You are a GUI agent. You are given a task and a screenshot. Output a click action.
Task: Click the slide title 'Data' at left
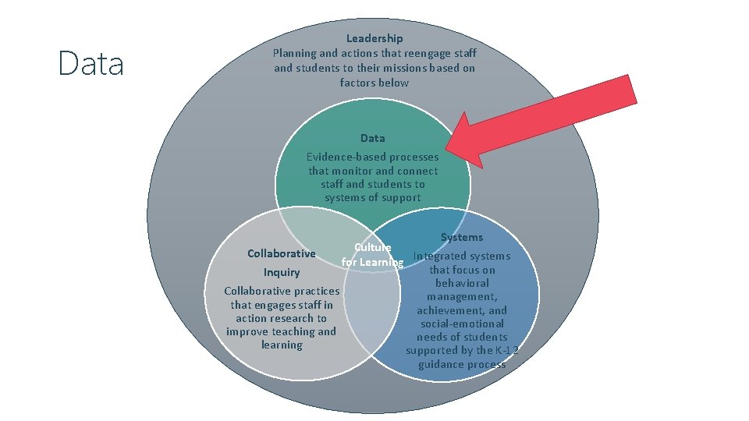tap(91, 64)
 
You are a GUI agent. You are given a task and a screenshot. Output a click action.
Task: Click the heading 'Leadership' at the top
tap(374, 38)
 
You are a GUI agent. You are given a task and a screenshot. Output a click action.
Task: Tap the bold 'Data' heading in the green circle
tap(372, 138)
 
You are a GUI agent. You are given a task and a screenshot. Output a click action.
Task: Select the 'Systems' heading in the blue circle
tap(462, 237)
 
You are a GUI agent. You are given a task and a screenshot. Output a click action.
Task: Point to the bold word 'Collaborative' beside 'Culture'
tap(281, 253)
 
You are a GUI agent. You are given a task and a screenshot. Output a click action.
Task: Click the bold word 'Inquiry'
tap(281, 272)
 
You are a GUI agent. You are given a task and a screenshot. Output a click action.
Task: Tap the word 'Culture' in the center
tap(372, 247)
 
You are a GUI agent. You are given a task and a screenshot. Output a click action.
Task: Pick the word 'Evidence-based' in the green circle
tap(343, 157)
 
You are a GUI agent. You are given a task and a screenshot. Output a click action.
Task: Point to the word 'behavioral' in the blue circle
tap(462, 283)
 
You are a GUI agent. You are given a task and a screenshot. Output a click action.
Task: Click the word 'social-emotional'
tap(462, 324)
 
